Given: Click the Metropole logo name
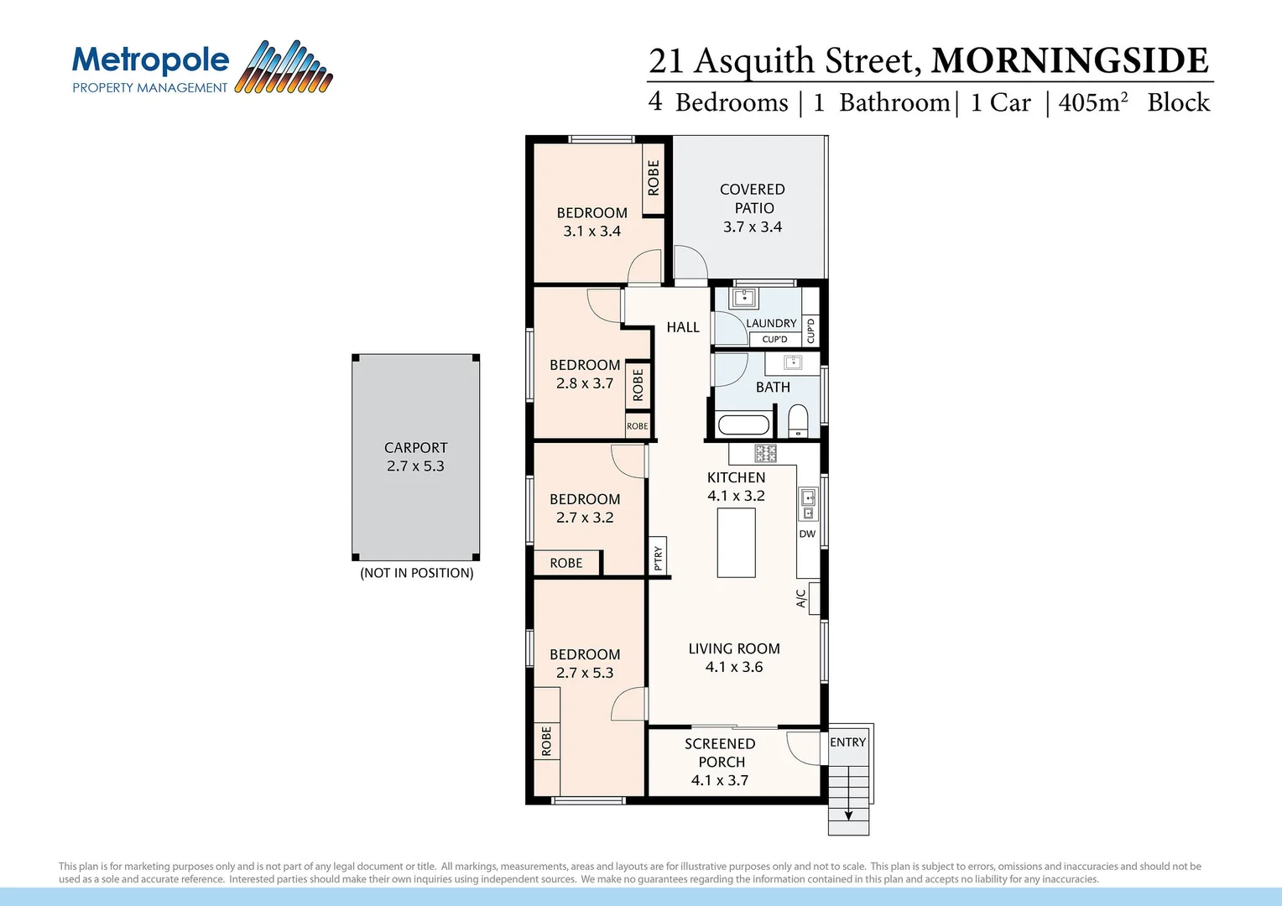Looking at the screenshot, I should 151,60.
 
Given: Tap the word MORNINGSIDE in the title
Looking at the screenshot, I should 1070,61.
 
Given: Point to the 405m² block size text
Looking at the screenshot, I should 1092,102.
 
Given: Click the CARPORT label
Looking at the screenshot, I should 415,448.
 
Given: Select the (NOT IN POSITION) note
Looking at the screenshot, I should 417,573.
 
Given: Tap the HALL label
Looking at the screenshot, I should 683,327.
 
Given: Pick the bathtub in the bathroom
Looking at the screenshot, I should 743,424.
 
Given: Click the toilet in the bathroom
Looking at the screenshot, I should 798,419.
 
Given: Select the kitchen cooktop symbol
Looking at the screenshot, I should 765,454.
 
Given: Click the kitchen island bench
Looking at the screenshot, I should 736,543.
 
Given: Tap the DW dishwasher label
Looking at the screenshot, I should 807,534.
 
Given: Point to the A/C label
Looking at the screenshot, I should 800,598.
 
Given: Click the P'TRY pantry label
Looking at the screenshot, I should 659,558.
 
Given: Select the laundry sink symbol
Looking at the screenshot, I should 743,298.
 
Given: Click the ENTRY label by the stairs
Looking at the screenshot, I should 847,742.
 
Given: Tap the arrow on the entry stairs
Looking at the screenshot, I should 848,814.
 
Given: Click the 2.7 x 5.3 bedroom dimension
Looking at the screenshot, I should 585,673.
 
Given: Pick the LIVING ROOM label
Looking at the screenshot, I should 734,648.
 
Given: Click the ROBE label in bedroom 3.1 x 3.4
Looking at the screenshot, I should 654,178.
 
